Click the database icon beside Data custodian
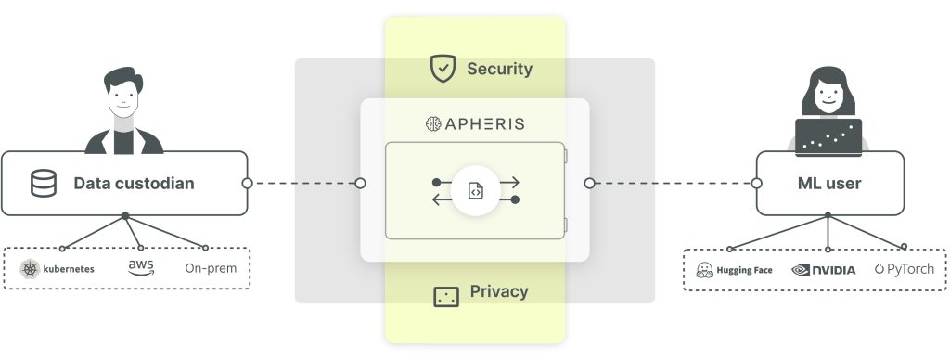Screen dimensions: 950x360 (x=44, y=183)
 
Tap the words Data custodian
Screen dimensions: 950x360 (x=134, y=183)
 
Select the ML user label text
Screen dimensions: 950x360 (x=829, y=184)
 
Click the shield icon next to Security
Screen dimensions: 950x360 (x=443, y=69)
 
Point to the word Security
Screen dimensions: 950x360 (x=499, y=69)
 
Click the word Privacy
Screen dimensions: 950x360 (x=499, y=291)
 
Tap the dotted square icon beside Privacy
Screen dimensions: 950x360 (x=446, y=296)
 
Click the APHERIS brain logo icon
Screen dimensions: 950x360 (x=432, y=123)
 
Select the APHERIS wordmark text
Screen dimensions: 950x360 (x=484, y=124)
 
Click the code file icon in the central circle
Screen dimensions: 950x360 (x=476, y=190)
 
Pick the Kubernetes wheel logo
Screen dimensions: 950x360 (x=30, y=268)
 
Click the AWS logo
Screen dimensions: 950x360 (x=141, y=267)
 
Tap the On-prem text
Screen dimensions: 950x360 (x=211, y=268)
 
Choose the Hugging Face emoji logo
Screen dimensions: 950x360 (x=705, y=270)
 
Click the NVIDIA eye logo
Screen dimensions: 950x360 (x=801, y=270)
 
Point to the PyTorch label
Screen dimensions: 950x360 (x=905, y=268)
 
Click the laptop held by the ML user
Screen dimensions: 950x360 (x=828, y=137)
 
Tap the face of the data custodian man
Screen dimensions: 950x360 (x=123, y=97)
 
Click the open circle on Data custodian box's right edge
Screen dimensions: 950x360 (x=247, y=183)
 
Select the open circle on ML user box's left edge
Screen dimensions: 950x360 (x=756, y=183)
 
